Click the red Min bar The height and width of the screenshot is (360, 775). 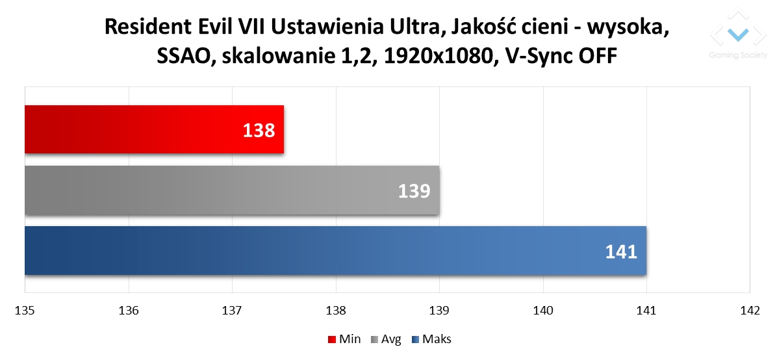click(x=154, y=129)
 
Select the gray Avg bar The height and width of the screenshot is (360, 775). click(x=233, y=190)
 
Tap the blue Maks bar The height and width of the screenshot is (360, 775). click(x=336, y=251)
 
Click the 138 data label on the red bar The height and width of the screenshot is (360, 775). click(x=259, y=131)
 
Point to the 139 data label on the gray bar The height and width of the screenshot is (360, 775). click(x=414, y=192)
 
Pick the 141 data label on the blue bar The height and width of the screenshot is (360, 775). click(x=621, y=252)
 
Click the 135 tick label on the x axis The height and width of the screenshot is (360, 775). click(x=25, y=311)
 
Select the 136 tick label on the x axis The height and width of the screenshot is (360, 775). click(x=129, y=311)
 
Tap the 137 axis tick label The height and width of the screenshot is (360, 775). click(x=233, y=311)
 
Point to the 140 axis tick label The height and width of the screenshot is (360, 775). click(x=543, y=311)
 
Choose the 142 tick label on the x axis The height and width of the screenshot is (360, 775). click(x=750, y=311)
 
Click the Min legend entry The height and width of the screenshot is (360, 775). click(x=344, y=339)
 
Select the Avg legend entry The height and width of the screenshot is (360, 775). click(x=385, y=339)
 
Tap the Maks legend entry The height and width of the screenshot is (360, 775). click(x=432, y=339)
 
